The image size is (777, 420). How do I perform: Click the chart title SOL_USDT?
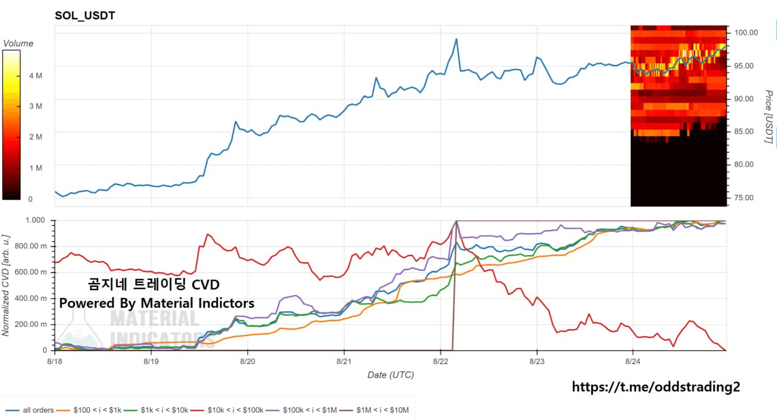coord(85,16)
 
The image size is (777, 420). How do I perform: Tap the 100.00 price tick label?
coord(746,33)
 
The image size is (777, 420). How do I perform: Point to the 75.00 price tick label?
coord(744,198)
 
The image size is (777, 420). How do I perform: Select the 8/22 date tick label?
coord(441,361)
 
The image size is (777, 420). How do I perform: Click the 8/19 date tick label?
coord(151,361)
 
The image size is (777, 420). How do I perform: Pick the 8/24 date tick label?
coord(633,361)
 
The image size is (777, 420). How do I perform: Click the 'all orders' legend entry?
coord(30,410)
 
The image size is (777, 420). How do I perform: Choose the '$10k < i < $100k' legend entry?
coord(228,410)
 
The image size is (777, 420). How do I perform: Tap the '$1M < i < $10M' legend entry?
coord(375,410)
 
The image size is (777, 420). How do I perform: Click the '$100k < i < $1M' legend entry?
coord(302,410)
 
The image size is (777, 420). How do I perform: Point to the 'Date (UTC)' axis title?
coord(390,375)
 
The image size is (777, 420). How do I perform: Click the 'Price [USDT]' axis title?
coord(769,116)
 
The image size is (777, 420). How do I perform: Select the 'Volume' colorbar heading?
coord(18,43)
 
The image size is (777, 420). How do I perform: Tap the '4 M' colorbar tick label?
coord(36,76)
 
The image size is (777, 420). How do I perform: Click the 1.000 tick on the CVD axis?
coord(35,220)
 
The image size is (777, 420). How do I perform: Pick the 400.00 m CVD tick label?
coord(30,298)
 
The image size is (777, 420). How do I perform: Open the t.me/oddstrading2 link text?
coord(656,387)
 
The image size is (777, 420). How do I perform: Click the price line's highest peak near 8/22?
coord(456,39)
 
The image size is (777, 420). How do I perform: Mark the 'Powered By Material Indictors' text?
coord(157,303)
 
